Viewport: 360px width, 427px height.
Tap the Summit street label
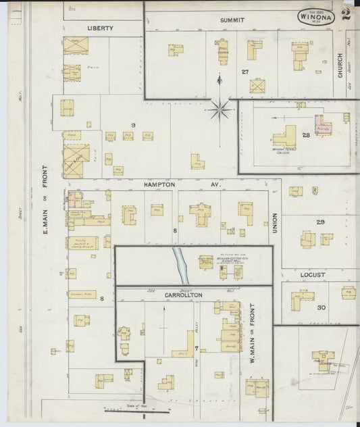point(232,20)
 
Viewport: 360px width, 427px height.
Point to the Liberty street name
point(100,28)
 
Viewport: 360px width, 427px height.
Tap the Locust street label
point(313,275)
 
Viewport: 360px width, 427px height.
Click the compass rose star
point(221,106)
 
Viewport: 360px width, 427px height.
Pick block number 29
point(320,222)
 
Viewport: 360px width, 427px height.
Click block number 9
point(134,125)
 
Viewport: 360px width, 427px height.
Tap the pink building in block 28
point(322,126)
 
